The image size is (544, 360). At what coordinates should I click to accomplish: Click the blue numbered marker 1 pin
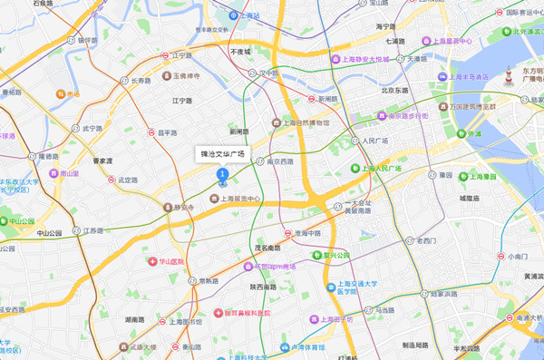click(222, 173)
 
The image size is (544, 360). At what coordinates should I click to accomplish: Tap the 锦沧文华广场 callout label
click(223, 154)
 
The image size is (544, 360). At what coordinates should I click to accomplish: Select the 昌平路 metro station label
click(169, 132)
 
